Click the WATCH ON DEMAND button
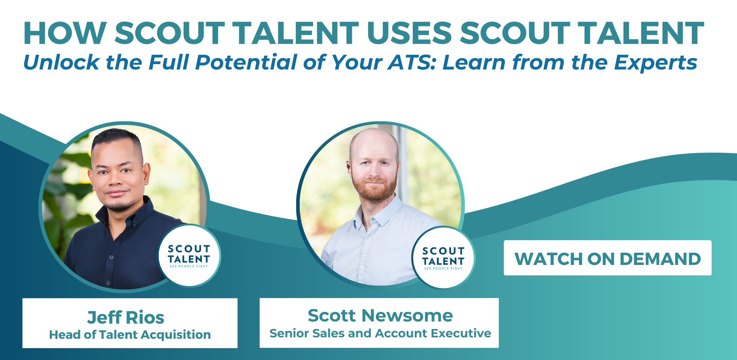pos(607,258)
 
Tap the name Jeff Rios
pos(126,318)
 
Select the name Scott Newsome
pos(380,316)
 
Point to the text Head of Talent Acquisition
pos(130,335)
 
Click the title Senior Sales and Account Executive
pos(380,333)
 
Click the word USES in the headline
pos(409,33)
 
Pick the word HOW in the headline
pos(65,33)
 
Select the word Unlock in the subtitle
pos(62,62)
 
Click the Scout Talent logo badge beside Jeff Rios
pos(189,256)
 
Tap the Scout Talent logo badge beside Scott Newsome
pos(443,258)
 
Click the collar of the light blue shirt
pos(378,212)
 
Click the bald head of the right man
pos(374,142)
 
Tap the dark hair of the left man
pos(117,140)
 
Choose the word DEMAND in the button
pos(660,259)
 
